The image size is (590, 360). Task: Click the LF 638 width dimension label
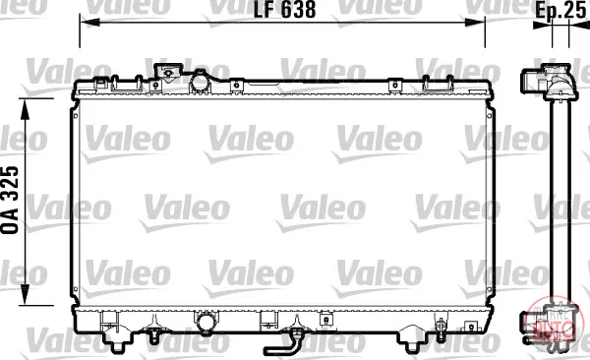click(x=284, y=10)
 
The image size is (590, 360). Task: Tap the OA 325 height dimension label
click(x=10, y=200)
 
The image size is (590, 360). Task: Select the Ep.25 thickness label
click(x=560, y=11)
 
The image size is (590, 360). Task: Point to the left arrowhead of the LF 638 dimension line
click(x=89, y=23)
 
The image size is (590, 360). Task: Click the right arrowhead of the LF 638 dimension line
click(x=475, y=23)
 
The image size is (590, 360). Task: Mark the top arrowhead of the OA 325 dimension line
click(x=25, y=109)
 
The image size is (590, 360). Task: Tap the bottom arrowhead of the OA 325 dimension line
click(x=25, y=294)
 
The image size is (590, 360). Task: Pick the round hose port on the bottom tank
click(x=206, y=323)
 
